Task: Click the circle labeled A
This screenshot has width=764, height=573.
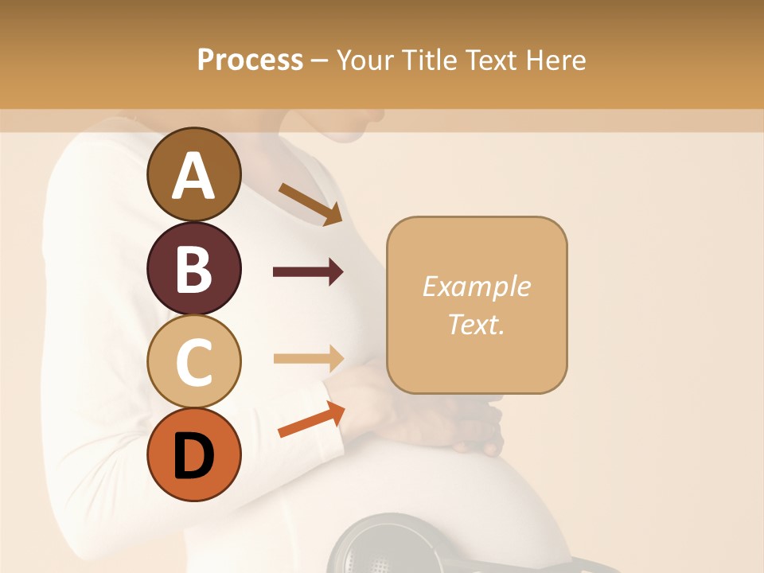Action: click(193, 175)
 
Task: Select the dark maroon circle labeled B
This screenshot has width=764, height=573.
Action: click(193, 269)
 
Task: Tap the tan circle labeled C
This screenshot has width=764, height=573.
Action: click(193, 362)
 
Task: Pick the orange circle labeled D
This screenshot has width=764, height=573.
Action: click(193, 454)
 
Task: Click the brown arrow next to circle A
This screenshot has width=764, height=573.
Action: click(310, 203)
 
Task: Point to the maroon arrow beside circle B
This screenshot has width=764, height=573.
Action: click(308, 272)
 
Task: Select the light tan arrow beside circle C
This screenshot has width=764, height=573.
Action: click(308, 358)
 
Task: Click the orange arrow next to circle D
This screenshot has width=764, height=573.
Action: click(310, 419)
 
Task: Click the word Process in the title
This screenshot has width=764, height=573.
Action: click(250, 60)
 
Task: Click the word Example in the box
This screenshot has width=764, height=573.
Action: click(476, 286)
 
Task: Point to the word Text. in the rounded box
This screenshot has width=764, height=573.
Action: click(476, 324)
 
